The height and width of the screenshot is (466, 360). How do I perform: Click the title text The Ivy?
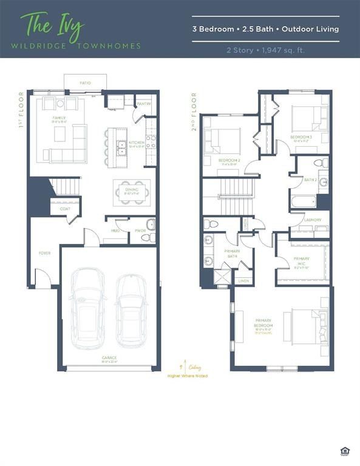click(x=52, y=25)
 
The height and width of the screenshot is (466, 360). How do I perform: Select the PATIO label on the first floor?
click(x=86, y=82)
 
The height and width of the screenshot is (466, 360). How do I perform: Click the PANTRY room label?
click(x=143, y=104)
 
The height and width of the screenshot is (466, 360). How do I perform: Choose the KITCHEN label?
click(x=137, y=143)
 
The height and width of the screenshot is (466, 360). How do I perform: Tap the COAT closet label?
click(x=64, y=209)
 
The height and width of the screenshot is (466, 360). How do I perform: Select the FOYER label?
click(x=45, y=253)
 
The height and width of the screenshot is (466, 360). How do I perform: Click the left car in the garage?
click(x=87, y=312)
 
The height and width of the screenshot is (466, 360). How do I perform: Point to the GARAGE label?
click(x=109, y=358)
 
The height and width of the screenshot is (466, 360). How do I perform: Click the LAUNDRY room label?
click(x=313, y=220)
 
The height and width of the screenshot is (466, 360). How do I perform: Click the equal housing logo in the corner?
click(x=345, y=451)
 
